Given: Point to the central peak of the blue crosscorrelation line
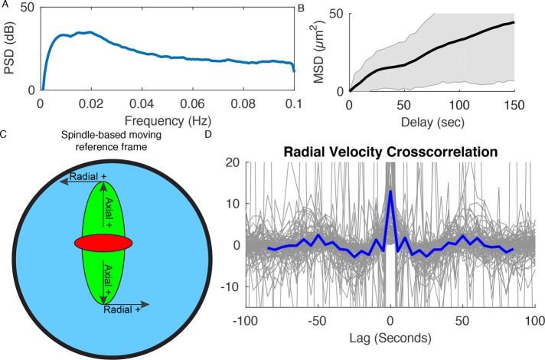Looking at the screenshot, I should (390, 191).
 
